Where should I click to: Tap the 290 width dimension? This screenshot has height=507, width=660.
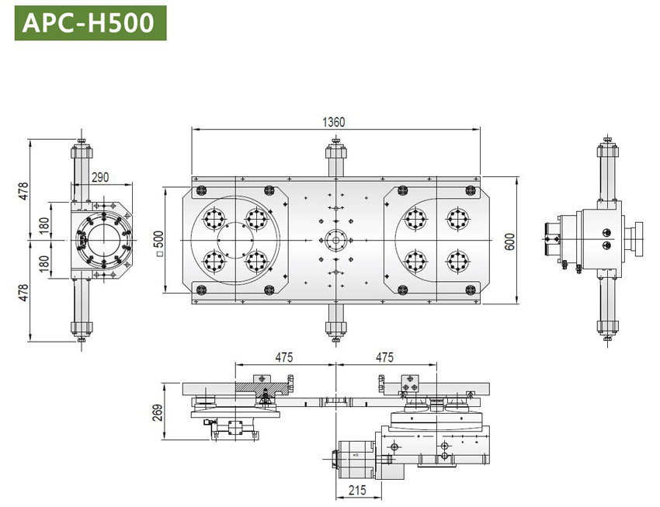point(100,177)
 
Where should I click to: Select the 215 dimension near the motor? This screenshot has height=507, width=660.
point(357,491)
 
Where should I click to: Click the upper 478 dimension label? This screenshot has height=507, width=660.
point(24,189)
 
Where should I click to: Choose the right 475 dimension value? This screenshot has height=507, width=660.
point(384,357)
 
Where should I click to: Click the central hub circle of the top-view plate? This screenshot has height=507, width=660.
point(335,240)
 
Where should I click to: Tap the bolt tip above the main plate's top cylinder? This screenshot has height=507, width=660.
point(335,141)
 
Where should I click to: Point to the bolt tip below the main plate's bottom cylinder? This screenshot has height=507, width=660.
point(335,339)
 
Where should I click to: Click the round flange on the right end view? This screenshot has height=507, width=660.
point(639,239)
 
